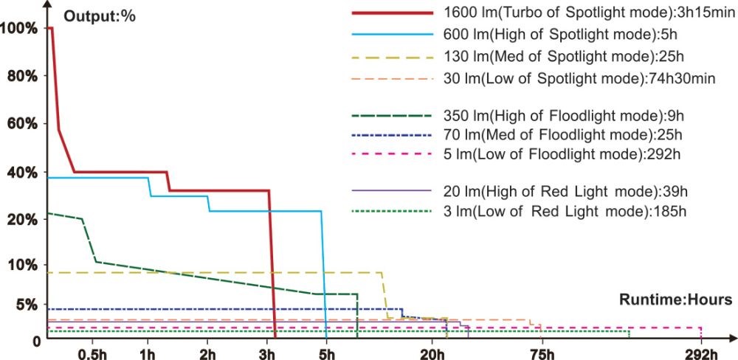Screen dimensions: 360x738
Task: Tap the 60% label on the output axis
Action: (x=20, y=122)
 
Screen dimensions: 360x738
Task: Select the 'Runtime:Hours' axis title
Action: (x=675, y=300)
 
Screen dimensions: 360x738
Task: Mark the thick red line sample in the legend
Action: (x=391, y=13)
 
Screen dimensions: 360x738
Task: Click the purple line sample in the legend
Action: (x=391, y=192)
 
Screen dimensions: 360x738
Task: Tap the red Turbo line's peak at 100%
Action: (x=50, y=28)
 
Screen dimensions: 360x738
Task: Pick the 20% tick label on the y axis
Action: (x=20, y=219)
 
